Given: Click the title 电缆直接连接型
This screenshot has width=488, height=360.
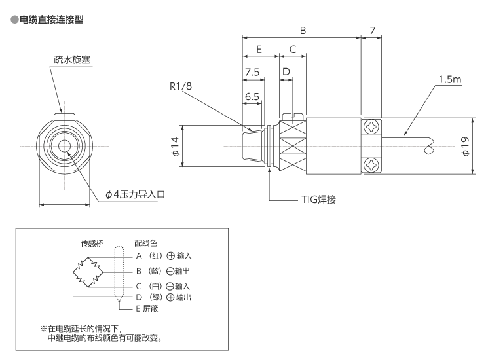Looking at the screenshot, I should (x=47, y=21).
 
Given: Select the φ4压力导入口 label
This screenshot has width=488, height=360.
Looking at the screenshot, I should (x=137, y=194).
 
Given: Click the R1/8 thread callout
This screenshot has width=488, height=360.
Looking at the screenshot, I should (x=182, y=86).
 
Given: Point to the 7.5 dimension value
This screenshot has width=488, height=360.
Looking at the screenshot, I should (x=253, y=72).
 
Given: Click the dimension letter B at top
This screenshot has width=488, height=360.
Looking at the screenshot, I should (x=302, y=30).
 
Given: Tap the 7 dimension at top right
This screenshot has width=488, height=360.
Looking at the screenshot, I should (x=373, y=30).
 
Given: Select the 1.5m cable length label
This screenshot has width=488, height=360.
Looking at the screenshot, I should (x=450, y=79).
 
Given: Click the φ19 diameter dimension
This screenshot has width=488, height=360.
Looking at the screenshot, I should (x=465, y=147).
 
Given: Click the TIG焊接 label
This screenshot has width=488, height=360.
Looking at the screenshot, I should (x=320, y=198).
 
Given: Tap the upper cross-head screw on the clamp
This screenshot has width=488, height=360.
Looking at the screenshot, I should (x=371, y=127).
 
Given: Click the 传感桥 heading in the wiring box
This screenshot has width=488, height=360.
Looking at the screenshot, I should (x=92, y=242).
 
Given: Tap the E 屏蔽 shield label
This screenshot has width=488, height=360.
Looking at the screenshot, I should (x=145, y=308).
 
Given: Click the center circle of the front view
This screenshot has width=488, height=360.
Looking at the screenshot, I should (x=65, y=145).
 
